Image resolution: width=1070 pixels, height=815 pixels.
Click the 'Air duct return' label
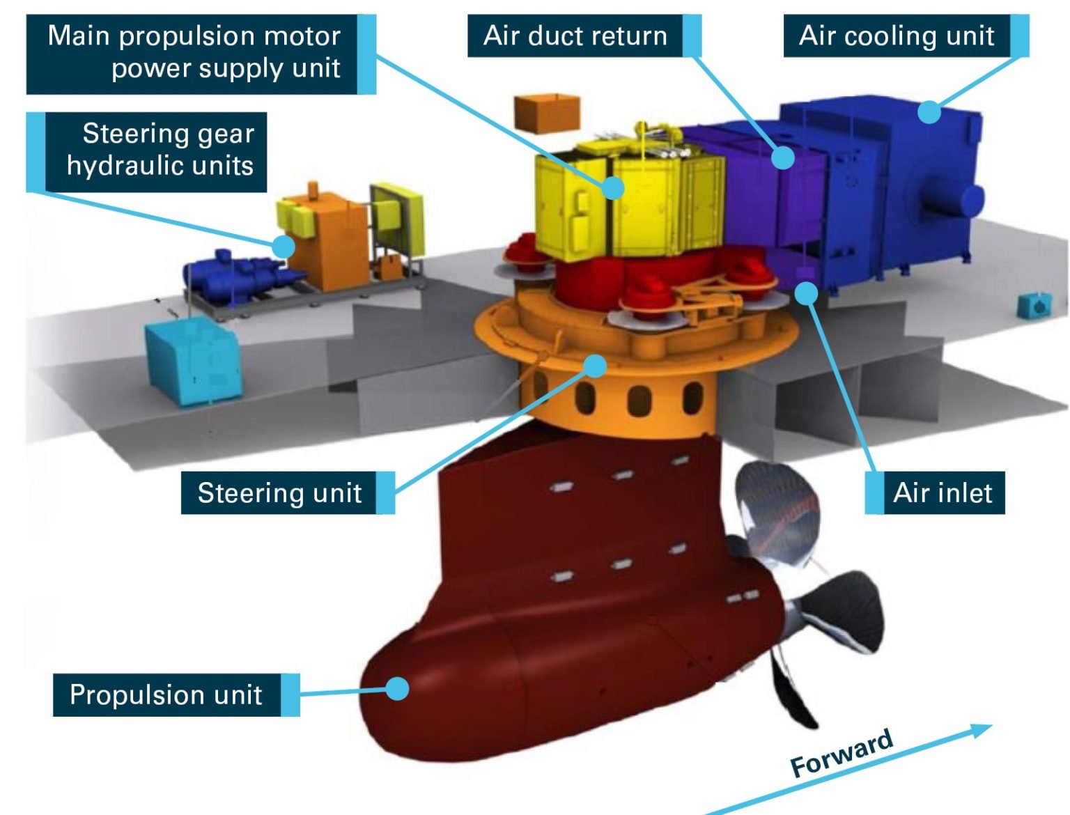pos(575,36)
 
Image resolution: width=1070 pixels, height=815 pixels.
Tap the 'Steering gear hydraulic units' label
pos(160,150)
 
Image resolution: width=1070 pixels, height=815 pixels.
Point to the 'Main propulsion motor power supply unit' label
pos(194,52)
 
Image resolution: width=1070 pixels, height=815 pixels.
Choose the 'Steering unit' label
pos(279,492)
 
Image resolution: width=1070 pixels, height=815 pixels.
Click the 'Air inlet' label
pos(943,492)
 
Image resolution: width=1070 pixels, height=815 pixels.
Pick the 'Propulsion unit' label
pos(166,694)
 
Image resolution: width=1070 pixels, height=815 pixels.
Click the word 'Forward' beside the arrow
pos(842,753)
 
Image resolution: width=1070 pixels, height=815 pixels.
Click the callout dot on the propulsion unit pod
pos(397,689)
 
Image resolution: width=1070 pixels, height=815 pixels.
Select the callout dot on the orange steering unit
pos(596,366)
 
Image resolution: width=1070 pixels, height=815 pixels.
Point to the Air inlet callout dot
pos(807,293)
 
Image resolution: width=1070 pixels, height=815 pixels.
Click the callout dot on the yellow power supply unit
pos(613,187)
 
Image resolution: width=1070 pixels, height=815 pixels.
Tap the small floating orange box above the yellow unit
pos(547,112)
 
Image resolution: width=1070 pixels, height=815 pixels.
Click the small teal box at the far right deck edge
pos(1034,305)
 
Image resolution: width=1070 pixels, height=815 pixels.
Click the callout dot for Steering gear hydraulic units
pos(284,246)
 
